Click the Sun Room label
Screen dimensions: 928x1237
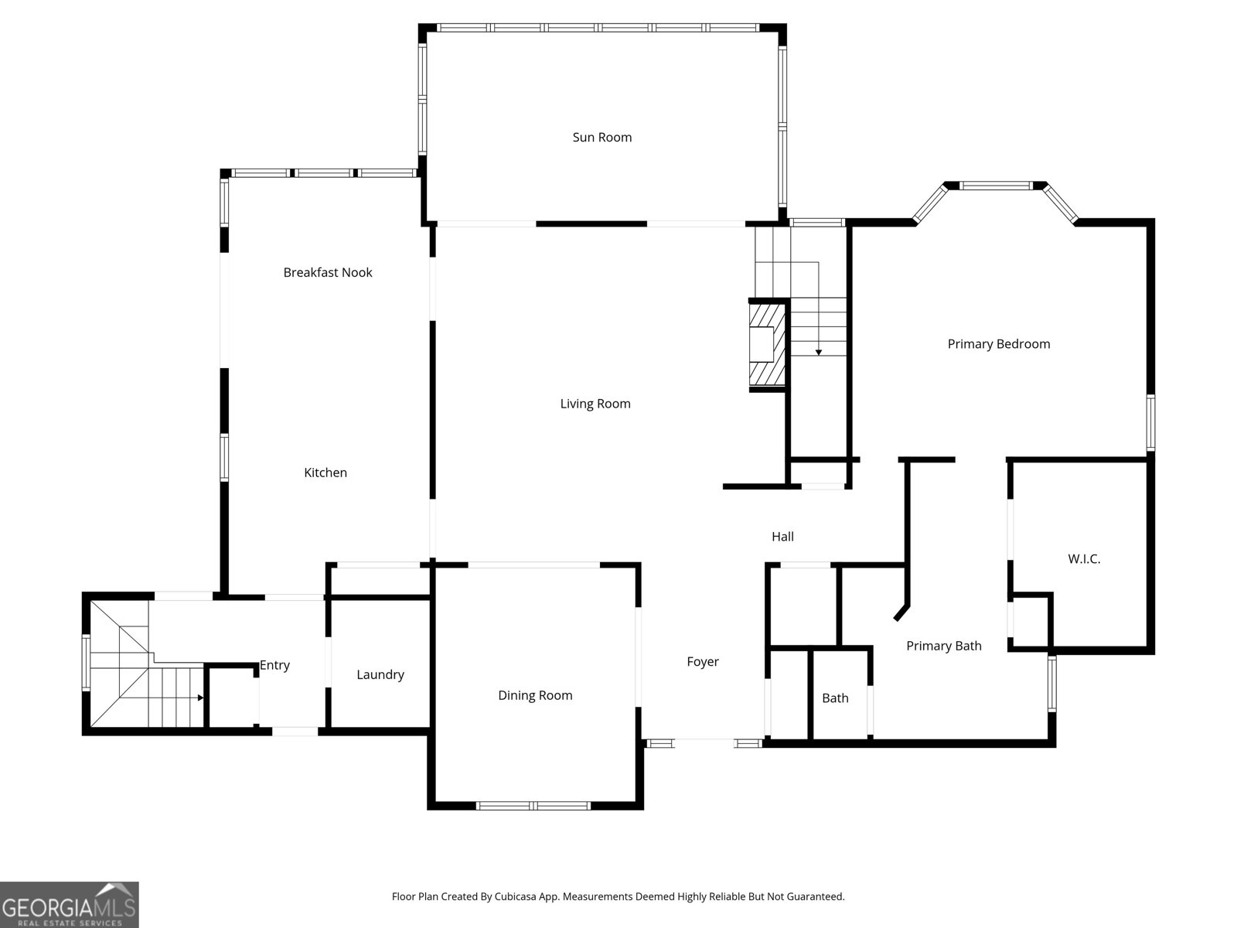click(601, 138)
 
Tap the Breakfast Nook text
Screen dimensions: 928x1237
click(328, 272)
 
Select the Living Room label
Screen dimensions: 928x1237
click(595, 404)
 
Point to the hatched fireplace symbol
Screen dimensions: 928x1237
click(767, 344)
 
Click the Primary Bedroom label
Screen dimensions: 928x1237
click(999, 344)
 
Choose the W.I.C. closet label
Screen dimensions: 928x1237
click(1084, 559)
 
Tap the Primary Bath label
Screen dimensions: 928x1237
click(944, 646)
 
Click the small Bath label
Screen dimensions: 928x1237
click(835, 698)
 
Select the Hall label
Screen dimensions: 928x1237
click(782, 537)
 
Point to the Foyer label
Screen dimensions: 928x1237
click(703, 662)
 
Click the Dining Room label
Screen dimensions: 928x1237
click(535, 695)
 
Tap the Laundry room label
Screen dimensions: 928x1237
click(380, 675)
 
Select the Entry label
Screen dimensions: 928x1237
click(274, 665)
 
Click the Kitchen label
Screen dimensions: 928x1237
click(325, 473)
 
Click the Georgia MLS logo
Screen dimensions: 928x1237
click(69, 904)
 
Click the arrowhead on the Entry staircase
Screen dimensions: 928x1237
click(200, 698)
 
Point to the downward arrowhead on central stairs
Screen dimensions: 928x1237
click(818, 353)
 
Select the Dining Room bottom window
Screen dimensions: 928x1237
click(533, 806)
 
